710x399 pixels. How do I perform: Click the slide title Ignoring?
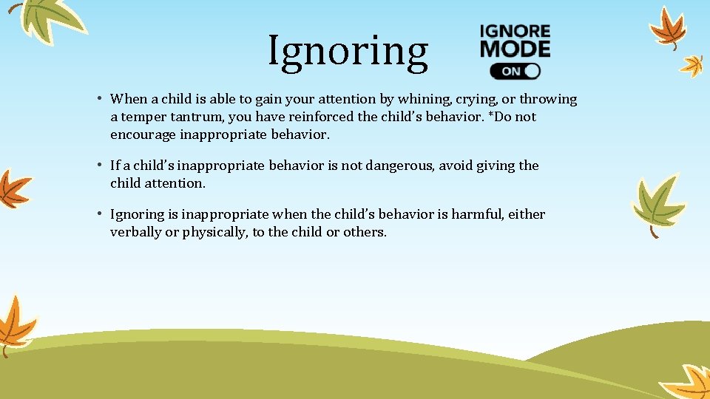click(x=348, y=52)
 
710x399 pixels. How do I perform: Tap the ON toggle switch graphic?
click(x=515, y=71)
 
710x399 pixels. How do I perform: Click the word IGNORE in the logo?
click(x=515, y=32)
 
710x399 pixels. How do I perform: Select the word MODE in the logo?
click(x=515, y=49)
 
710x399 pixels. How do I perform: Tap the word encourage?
click(x=143, y=134)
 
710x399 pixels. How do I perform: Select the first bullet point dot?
click(x=98, y=98)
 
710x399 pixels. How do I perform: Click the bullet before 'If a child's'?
click(x=98, y=165)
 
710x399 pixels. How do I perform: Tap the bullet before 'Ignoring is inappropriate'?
click(x=98, y=214)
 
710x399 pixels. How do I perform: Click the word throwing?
click(x=549, y=99)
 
